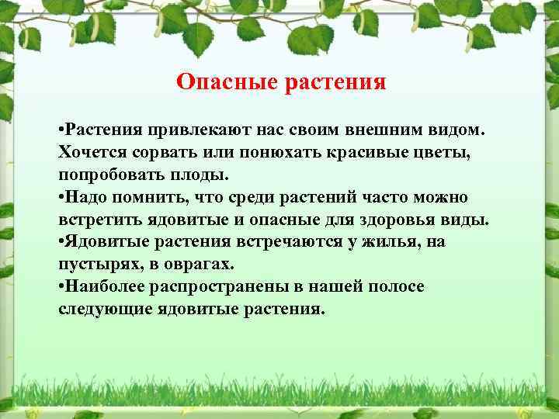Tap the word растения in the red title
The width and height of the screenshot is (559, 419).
[x=338, y=81]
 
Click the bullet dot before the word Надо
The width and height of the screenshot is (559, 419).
[x=61, y=197]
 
